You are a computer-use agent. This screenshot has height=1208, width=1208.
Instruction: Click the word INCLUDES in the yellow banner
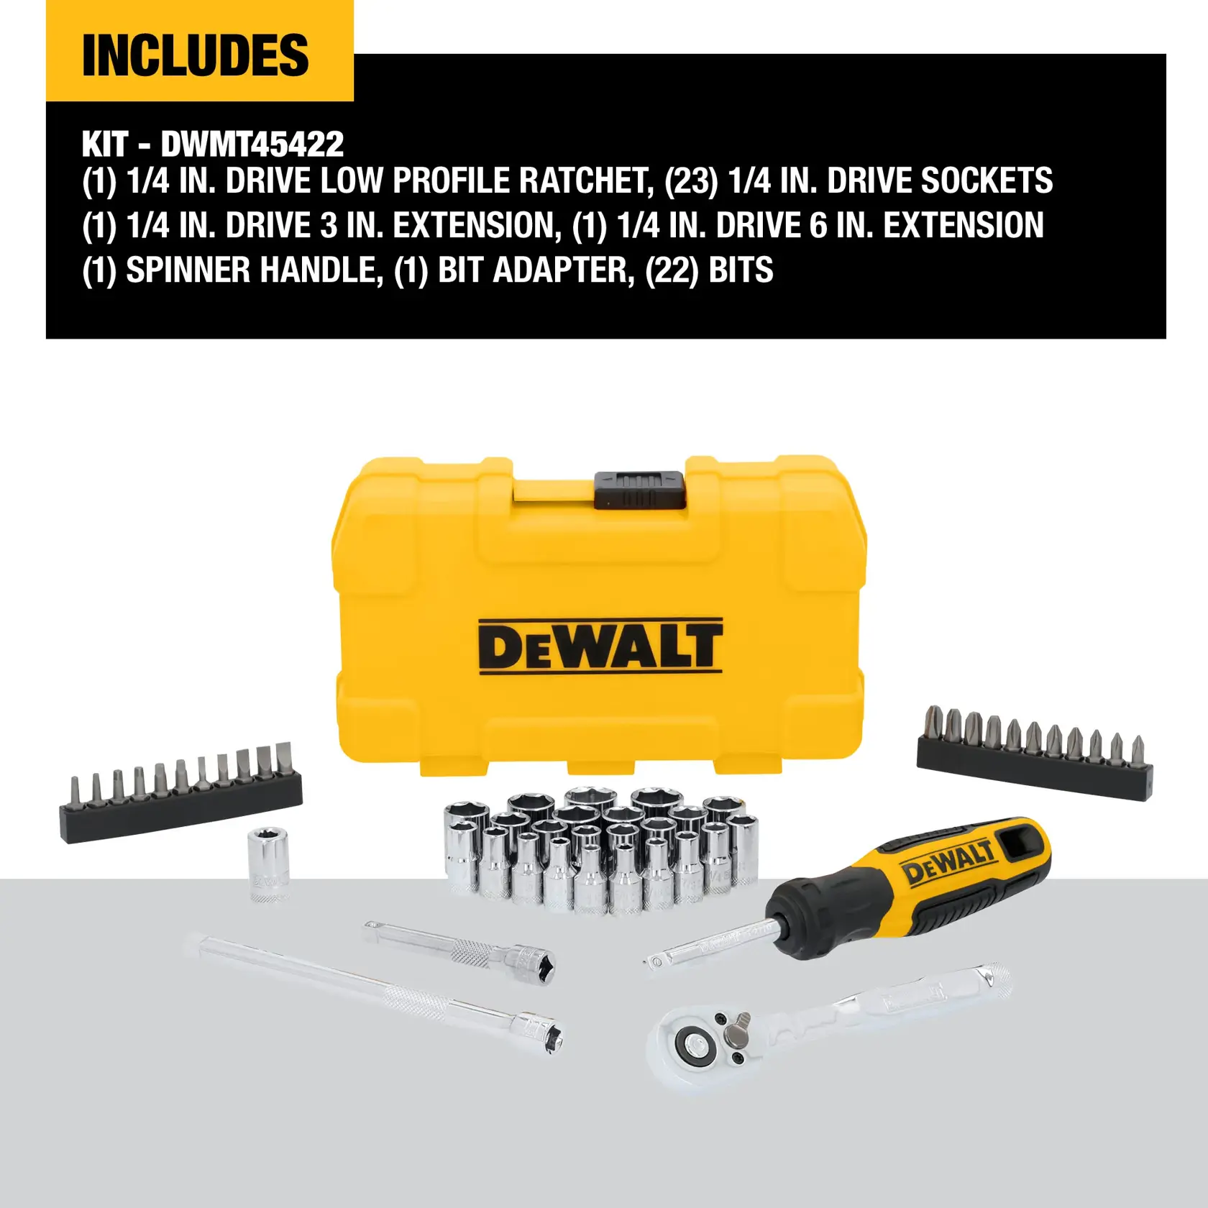(195, 55)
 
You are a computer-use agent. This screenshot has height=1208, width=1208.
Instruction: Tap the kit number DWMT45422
(252, 145)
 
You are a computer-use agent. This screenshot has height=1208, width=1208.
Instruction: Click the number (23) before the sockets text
(691, 180)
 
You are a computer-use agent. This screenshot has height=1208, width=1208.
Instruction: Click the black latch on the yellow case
(639, 489)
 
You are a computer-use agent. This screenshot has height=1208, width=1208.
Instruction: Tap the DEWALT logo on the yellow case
(600, 646)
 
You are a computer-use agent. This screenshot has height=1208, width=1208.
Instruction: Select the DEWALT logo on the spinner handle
(949, 862)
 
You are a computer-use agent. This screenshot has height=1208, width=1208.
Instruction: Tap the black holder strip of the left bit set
(180, 816)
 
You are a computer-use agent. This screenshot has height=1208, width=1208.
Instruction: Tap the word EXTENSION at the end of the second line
(964, 226)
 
